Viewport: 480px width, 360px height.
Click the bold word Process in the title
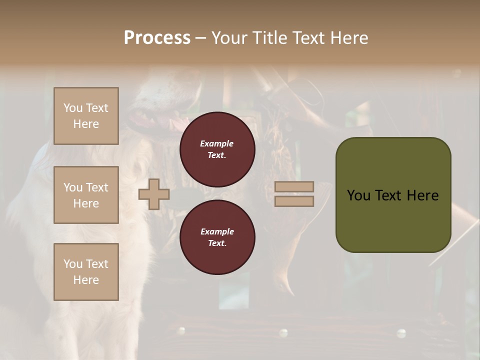157,37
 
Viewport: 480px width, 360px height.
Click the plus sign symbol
153,194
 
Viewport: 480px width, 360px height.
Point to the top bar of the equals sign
294,187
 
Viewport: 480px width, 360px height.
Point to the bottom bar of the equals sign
294,201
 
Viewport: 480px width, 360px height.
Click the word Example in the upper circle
217,143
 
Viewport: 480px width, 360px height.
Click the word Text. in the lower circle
217,243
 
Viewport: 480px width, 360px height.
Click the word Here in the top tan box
86,124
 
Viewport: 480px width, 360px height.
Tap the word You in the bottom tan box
73,264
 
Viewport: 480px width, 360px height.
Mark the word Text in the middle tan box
97,187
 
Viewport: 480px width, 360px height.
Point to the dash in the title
200,38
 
